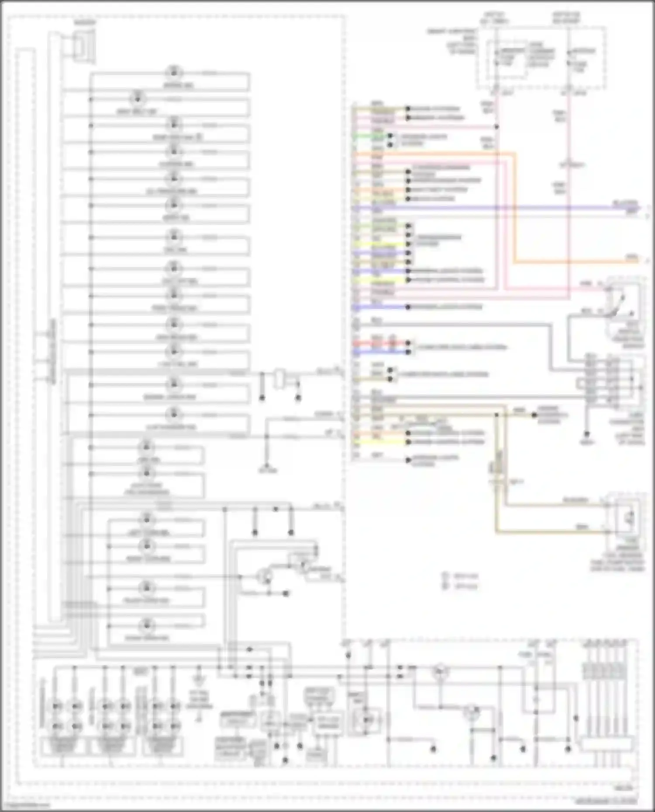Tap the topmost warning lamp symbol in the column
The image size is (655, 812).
pyautogui.click(x=174, y=72)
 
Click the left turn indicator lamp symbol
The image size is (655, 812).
pyautogui.click(x=147, y=519)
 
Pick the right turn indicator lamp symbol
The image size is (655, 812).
pyautogui.click(x=147, y=546)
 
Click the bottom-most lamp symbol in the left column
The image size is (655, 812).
pyautogui.click(x=147, y=625)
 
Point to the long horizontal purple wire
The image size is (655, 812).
pyautogui.click(x=502, y=208)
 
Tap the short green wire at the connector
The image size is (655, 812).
pyautogui.click(x=362, y=136)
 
